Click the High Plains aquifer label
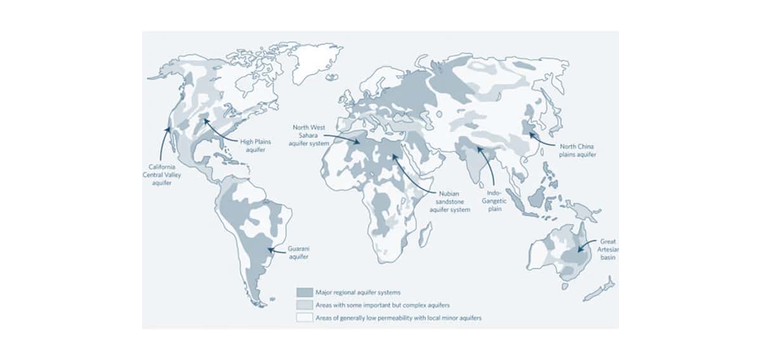pyautogui.click(x=255, y=146)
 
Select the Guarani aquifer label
pyautogui.click(x=298, y=253)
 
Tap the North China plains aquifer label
pyautogui.click(x=577, y=150)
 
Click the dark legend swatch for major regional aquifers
pyautogui.click(x=304, y=292)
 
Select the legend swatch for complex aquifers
pyautogui.click(x=304, y=305)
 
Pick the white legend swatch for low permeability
pyautogui.click(x=304, y=318)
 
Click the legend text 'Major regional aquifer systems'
pyautogui.click(x=358, y=292)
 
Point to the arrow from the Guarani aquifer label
pyautogui.click(x=277, y=250)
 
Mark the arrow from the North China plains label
pyautogui.click(x=541, y=139)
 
